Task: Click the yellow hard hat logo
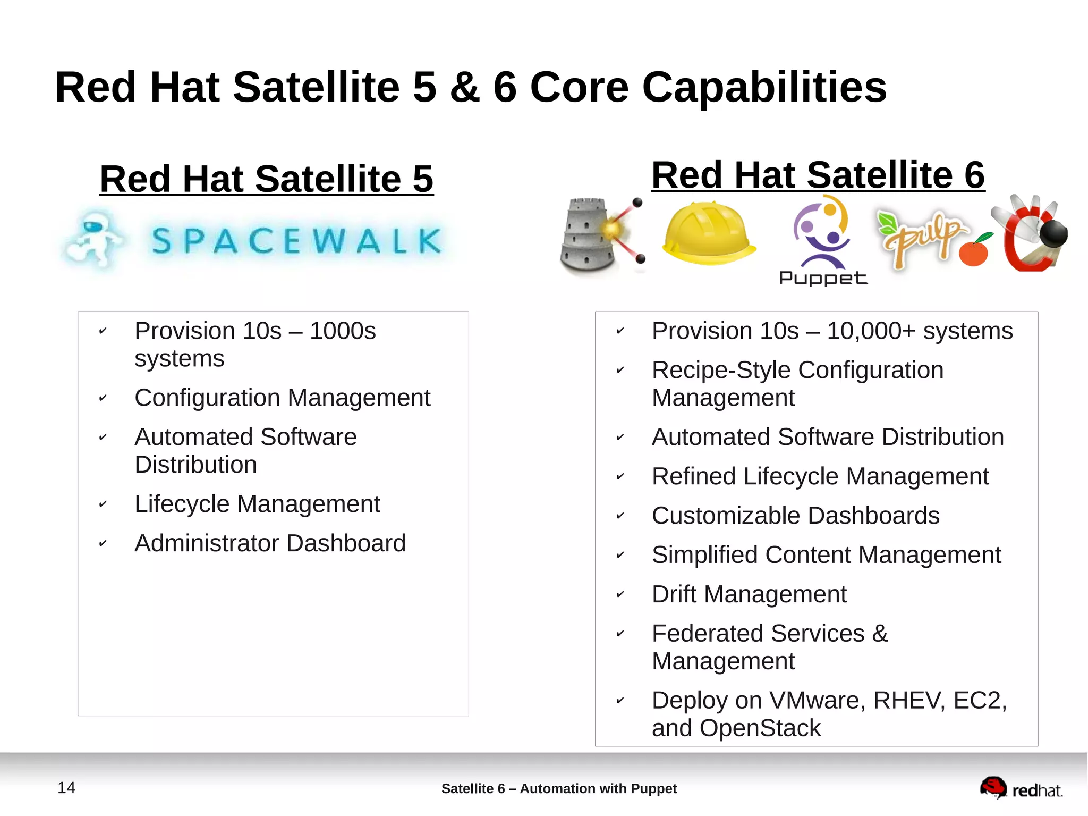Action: (x=708, y=233)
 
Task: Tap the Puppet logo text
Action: (x=822, y=278)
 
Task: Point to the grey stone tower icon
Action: (x=586, y=236)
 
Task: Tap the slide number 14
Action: (x=66, y=787)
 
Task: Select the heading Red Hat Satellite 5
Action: (x=267, y=179)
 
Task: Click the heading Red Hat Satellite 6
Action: (x=818, y=175)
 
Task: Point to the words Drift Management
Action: (x=749, y=594)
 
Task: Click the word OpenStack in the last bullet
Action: (x=760, y=728)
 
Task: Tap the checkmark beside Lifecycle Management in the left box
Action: (x=103, y=504)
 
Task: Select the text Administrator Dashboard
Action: (x=270, y=543)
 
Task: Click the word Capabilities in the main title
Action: (x=764, y=87)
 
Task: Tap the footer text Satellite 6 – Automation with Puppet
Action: (x=559, y=788)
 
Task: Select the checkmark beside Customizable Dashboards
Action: (x=620, y=516)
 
